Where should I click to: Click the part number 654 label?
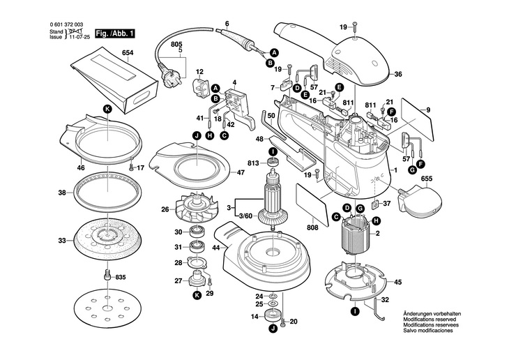click(x=128, y=53)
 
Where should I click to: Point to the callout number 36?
click(x=398, y=74)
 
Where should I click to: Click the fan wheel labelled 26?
click(x=200, y=210)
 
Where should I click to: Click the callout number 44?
click(x=216, y=248)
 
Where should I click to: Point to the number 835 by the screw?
click(x=121, y=277)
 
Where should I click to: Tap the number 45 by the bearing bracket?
click(x=398, y=283)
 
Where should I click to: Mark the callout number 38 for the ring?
click(x=62, y=193)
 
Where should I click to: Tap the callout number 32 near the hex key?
click(x=384, y=301)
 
